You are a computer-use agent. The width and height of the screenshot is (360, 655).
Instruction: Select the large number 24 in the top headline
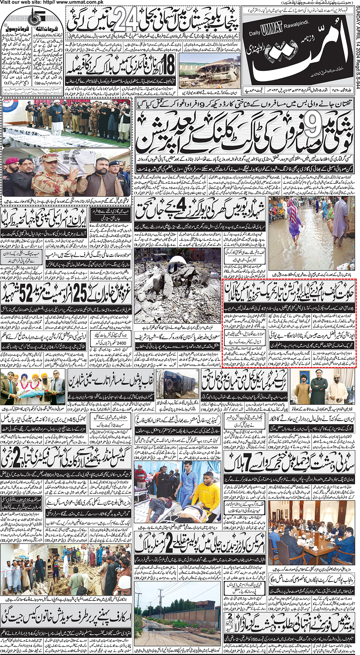tap(126, 21)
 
